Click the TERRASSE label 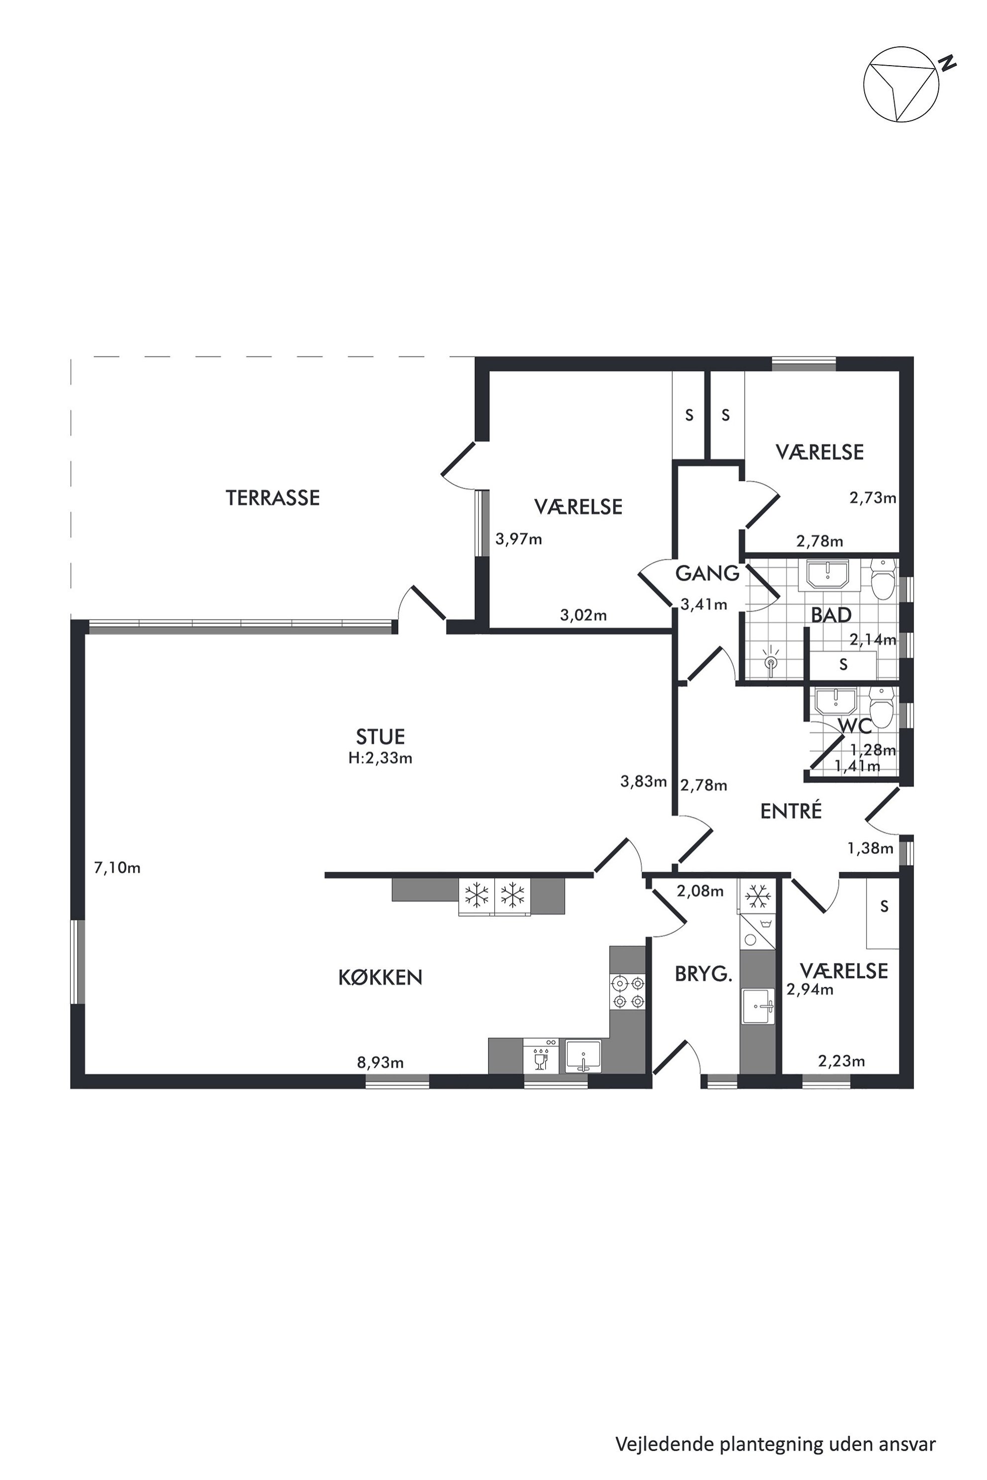273,498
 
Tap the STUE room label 380,736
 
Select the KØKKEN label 380,977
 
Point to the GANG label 707,573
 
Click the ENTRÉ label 791,811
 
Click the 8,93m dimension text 380,1063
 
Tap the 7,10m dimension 117,868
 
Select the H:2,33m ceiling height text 380,758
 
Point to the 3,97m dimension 519,539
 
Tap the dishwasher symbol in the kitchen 541,1055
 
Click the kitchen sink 584,1055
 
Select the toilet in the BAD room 883,579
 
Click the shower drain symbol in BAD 772,662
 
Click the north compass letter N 947,63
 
